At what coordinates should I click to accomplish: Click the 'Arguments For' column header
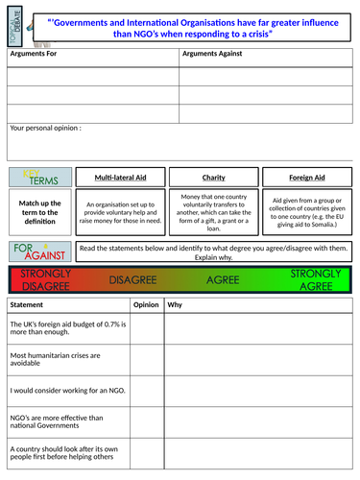pos(35,54)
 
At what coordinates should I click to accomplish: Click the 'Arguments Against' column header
pos(211,54)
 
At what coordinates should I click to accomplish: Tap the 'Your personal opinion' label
pos(45,127)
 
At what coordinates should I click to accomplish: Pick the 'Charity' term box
pos(213,178)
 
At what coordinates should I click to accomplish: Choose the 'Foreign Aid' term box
pos(306,178)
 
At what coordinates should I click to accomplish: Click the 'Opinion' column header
pos(146,304)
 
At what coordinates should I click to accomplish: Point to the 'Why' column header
pos(175,304)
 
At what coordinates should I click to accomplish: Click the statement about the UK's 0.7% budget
pos(66,329)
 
